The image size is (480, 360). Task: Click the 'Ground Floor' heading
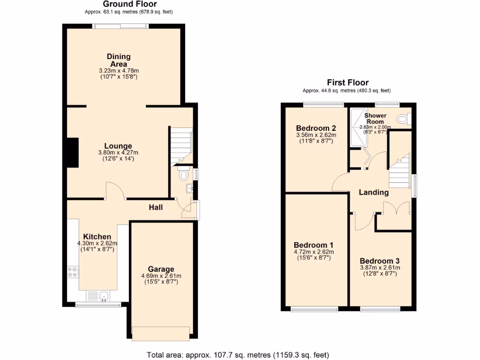[123, 4]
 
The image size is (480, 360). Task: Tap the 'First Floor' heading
[347, 82]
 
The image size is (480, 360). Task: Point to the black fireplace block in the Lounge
[72, 152]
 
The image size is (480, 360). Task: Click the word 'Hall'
[156, 207]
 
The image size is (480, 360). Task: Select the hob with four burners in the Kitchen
[73, 272]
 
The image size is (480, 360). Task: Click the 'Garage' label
[161, 269]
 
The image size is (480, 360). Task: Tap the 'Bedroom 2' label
[316, 128]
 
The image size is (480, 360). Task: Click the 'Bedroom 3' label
[380, 261]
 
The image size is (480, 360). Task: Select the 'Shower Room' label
[375, 118]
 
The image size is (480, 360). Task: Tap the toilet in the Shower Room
[403, 120]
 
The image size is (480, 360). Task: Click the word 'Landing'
[374, 192]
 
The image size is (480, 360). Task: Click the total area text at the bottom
[238, 354]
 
